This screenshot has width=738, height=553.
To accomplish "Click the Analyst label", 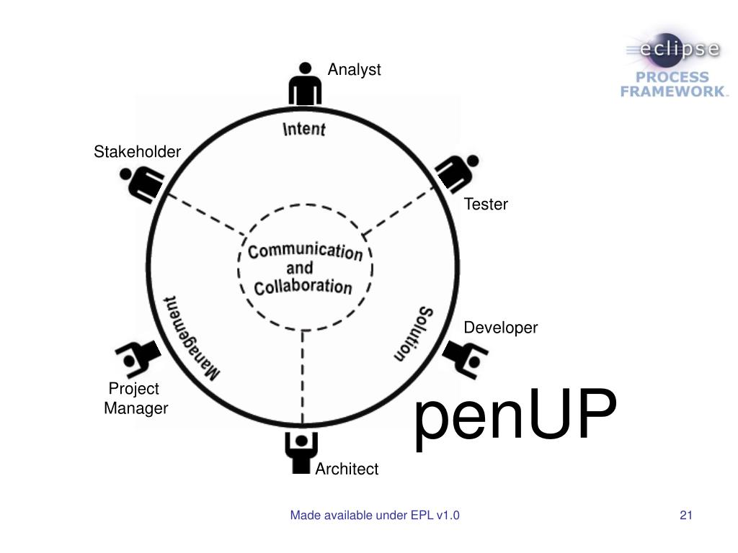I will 354,70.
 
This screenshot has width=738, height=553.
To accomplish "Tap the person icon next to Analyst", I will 305,85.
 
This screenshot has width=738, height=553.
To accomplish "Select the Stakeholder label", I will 137,152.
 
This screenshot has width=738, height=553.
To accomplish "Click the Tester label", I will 486,204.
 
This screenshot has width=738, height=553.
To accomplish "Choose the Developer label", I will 500,328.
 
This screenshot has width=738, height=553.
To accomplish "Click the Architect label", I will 347,469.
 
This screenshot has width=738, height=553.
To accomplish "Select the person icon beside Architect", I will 301,451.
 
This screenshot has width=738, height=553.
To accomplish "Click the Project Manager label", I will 135,399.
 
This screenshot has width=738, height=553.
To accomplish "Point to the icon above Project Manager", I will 137,358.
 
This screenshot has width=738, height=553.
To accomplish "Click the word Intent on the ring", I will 303,129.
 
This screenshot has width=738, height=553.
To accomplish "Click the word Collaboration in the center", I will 303,287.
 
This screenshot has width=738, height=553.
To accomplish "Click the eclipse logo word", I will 673,50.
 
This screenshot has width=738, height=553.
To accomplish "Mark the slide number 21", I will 685,515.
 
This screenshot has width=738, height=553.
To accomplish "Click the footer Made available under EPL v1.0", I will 375,515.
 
